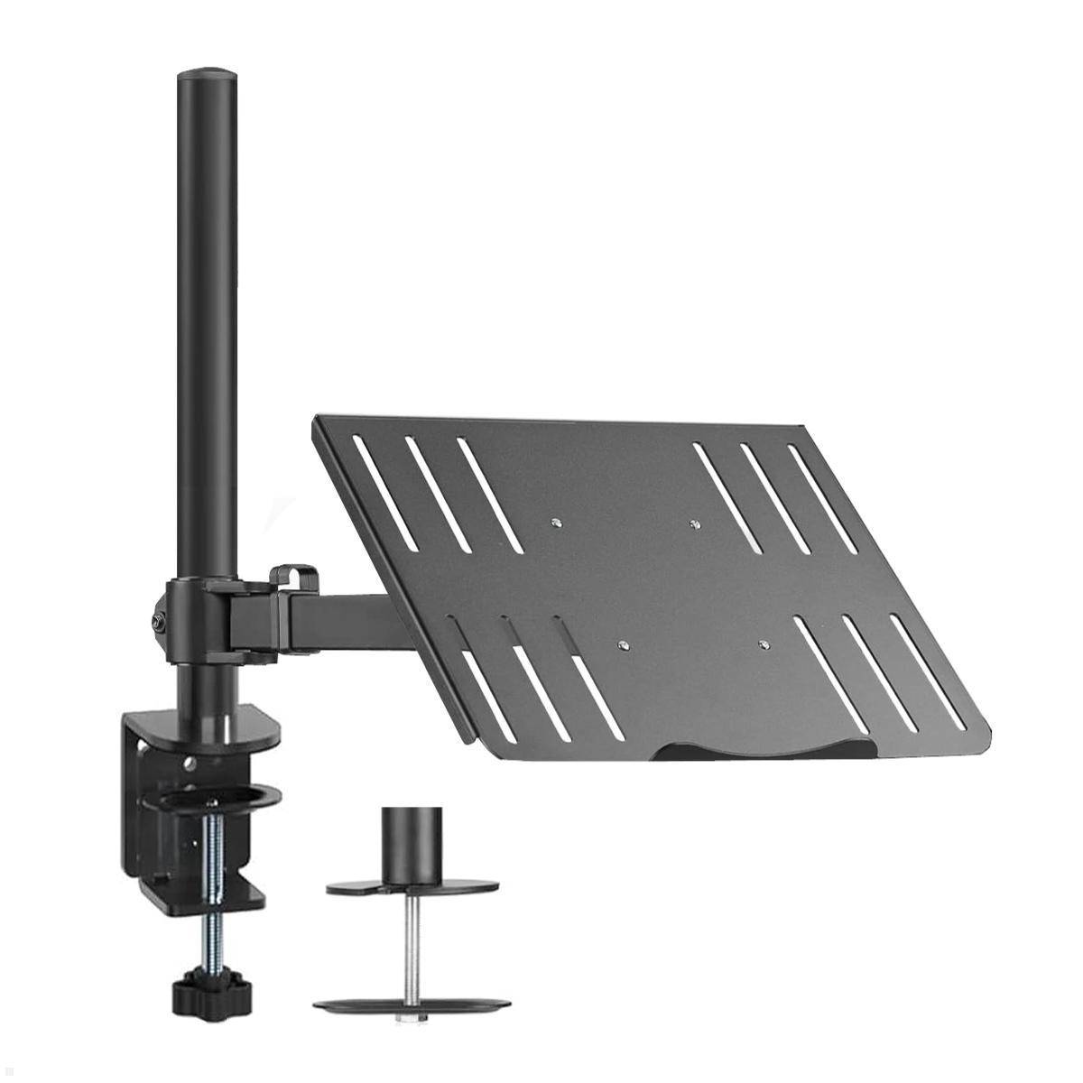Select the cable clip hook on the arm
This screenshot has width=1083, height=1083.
294,578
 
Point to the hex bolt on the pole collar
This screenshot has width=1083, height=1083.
159,621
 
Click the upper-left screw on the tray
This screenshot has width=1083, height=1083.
557,521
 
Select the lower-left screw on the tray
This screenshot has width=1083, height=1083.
623,644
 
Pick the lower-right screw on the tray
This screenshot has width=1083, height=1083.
764,645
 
